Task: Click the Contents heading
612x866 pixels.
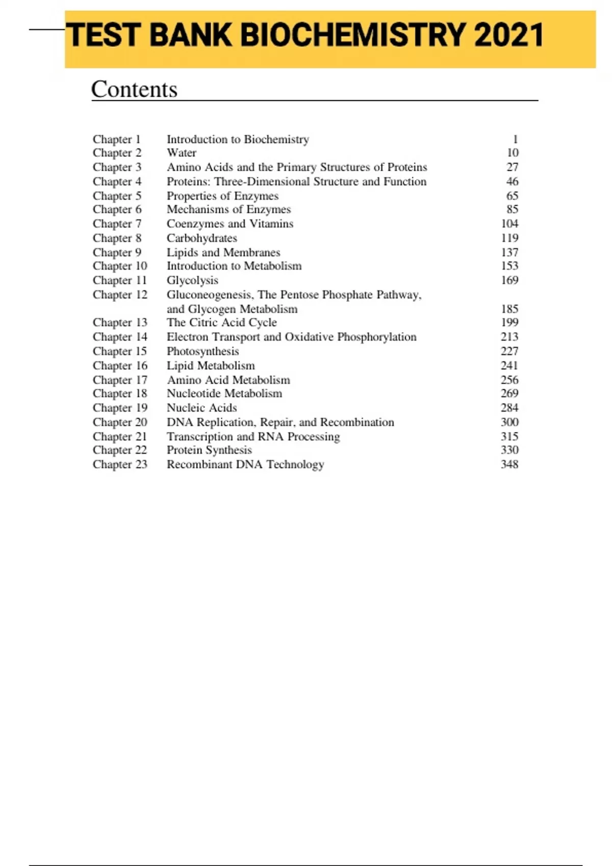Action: tap(134, 89)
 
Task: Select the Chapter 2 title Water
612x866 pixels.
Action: tap(182, 153)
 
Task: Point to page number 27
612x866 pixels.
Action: tap(512, 167)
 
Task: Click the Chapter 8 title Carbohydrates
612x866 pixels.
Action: tap(202, 238)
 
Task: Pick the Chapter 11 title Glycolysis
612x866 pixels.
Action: tap(192, 280)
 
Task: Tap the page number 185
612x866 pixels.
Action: tap(509, 309)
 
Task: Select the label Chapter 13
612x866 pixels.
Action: tap(120, 322)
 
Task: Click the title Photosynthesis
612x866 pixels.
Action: tap(202, 351)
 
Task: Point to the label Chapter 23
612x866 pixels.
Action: tap(120, 465)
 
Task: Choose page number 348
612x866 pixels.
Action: tap(509, 465)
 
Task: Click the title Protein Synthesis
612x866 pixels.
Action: tap(209, 450)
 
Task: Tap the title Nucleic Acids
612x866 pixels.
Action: tap(201, 408)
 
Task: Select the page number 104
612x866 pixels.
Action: tap(509, 224)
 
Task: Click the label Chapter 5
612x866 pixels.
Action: tap(117, 196)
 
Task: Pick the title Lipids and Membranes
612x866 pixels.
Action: tap(223, 253)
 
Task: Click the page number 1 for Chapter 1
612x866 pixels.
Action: tap(515, 139)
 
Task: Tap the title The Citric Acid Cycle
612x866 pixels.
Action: tap(222, 322)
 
